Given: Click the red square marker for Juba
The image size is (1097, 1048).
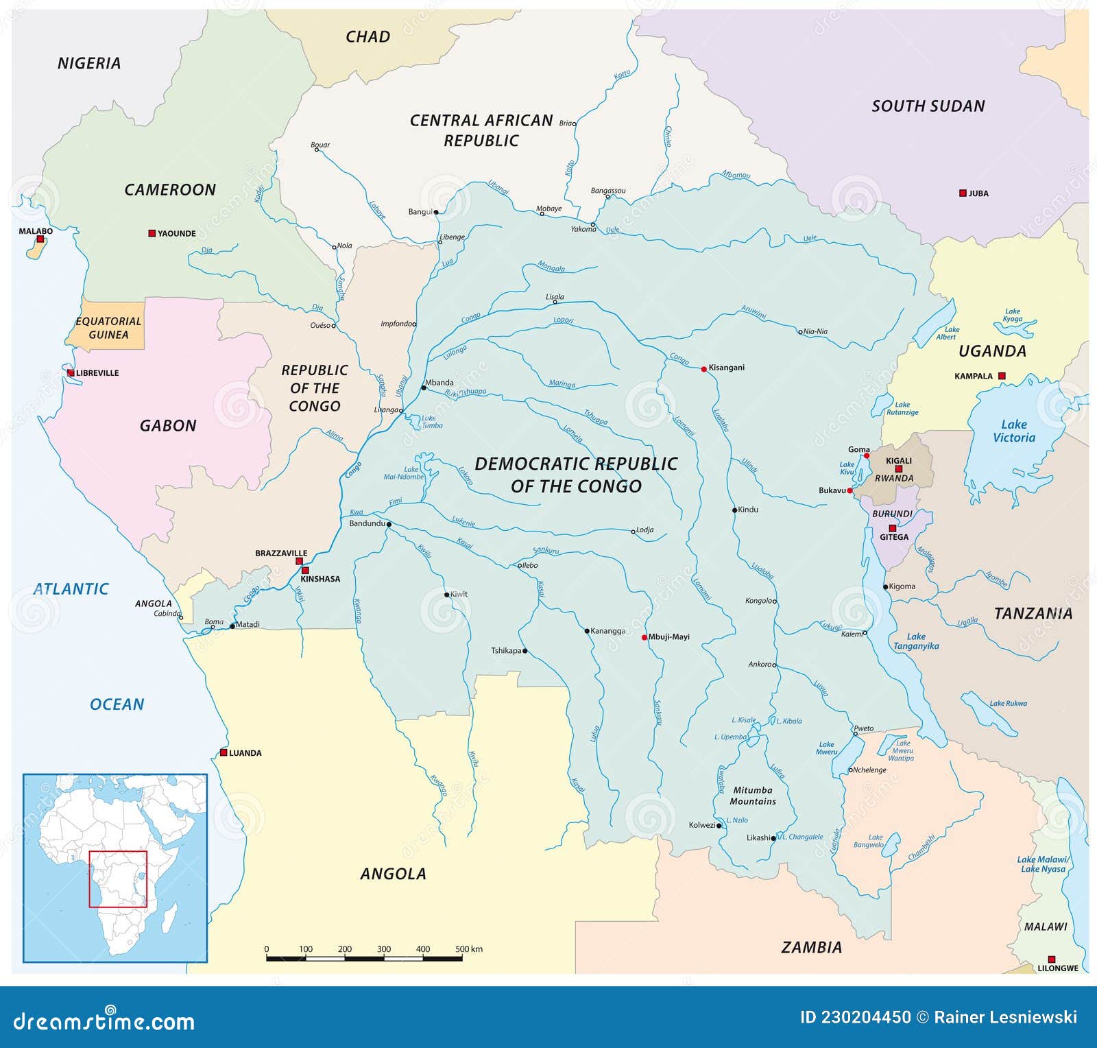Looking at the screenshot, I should tap(963, 193).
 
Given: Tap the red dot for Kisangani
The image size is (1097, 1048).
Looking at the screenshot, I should tap(703, 369).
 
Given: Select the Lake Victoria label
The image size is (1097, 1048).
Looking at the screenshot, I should tap(1013, 431).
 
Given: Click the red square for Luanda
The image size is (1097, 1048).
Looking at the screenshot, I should tap(224, 752).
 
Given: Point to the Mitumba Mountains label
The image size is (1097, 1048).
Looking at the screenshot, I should tap(752, 796).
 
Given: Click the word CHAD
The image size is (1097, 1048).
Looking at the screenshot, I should tap(367, 37).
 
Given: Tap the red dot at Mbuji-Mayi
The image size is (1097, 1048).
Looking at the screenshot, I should tap(644, 637).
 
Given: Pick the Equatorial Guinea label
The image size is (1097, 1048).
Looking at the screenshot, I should tap(108, 328).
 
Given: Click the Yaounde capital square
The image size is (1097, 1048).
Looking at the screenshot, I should tap(152, 233).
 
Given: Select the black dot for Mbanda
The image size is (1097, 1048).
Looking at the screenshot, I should tap(424, 388).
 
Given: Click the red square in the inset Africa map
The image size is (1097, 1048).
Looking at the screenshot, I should tap(118, 879).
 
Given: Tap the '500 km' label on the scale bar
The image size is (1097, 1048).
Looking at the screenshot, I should tap(469, 949).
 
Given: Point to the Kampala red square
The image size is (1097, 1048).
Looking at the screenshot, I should tap(1002, 376).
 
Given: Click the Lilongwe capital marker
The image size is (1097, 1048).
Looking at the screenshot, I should tap(1051, 960).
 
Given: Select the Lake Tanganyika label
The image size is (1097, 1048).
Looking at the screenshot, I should tap(916, 641).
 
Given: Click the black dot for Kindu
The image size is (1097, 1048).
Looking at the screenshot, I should tap(734, 510).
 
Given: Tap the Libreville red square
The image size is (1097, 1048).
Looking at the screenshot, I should tap(71, 373).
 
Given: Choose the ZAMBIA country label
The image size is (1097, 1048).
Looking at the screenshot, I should tap(811, 947).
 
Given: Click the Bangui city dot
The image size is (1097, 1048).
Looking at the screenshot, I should tap(436, 212).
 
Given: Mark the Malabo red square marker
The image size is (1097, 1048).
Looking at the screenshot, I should tap(40, 239).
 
